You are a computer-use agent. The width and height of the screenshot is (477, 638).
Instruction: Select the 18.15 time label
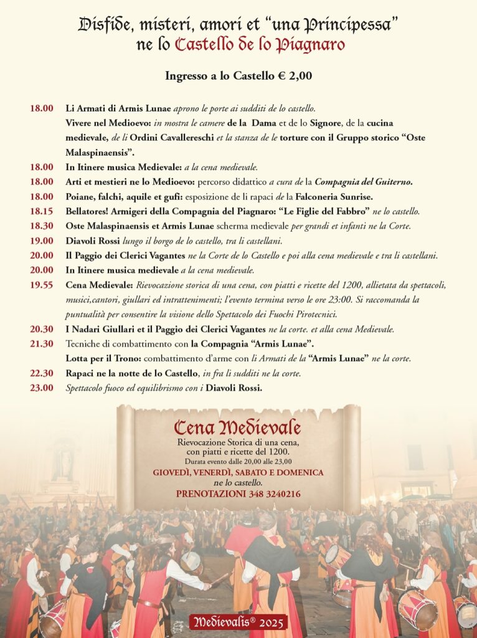point(42,211)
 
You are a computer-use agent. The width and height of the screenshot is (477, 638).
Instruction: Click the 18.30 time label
point(42,226)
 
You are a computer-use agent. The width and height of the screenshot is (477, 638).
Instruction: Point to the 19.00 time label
point(42,240)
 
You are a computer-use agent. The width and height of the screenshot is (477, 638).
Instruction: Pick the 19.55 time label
point(42,285)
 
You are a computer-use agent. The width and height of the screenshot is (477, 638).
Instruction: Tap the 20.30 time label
point(42,329)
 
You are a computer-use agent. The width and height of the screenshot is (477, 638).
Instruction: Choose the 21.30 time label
point(42,344)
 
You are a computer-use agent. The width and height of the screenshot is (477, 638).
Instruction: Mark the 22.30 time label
point(42,373)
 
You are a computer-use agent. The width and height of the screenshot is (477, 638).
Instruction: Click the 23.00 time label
point(42,388)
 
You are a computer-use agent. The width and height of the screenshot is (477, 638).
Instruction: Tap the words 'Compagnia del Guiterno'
point(364,182)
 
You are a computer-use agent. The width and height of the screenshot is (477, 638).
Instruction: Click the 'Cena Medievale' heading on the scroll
point(237,427)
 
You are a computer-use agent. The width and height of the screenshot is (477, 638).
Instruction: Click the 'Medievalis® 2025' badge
point(238,622)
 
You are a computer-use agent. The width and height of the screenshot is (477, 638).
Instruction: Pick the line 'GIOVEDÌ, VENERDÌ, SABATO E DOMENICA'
point(238,472)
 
